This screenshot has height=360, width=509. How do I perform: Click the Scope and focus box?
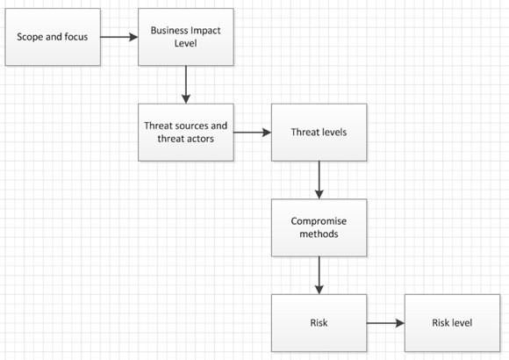point(53,37)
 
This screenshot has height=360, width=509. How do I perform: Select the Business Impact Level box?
point(186,37)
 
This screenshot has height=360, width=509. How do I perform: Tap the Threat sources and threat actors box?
point(186,133)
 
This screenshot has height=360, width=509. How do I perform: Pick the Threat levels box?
point(319,133)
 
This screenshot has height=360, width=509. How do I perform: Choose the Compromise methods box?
point(319,227)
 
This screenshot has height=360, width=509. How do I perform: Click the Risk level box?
point(452,323)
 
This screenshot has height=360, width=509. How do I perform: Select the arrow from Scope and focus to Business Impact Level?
point(119,37)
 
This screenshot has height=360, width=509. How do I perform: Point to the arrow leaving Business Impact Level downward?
point(186,84)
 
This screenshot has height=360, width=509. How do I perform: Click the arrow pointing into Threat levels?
point(253,133)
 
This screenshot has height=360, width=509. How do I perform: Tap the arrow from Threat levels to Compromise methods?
point(319,180)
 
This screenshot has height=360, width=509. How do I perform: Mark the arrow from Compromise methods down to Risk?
point(319,275)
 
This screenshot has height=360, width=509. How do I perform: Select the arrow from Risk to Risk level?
point(385,323)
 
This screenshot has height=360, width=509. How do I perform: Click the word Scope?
point(30,37)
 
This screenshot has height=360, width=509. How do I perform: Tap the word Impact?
point(206,32)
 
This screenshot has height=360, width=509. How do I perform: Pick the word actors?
point(199,139)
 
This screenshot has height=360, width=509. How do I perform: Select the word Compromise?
point(319,221)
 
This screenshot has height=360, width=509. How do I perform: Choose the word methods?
point(319,234)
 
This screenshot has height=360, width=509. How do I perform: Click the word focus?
point(76,37)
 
